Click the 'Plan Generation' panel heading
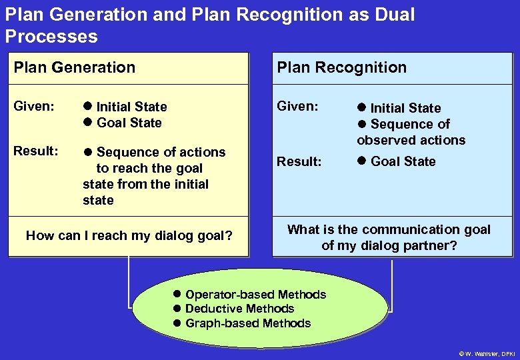coord(75,67)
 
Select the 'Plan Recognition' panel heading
coord(341,67)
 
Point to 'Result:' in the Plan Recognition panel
coord(299,161)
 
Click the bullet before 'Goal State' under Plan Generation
coord(87,123)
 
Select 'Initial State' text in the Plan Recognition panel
coord(405,108)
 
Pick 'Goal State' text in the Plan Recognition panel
coord(403,161)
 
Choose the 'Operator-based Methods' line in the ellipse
coord(255,295)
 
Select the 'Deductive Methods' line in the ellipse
coord(239,309)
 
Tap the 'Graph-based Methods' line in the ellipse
coord(248,323)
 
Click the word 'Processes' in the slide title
coord(51,36)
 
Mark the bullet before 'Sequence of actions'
coord(87,152)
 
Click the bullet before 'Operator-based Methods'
coord(177,295)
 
